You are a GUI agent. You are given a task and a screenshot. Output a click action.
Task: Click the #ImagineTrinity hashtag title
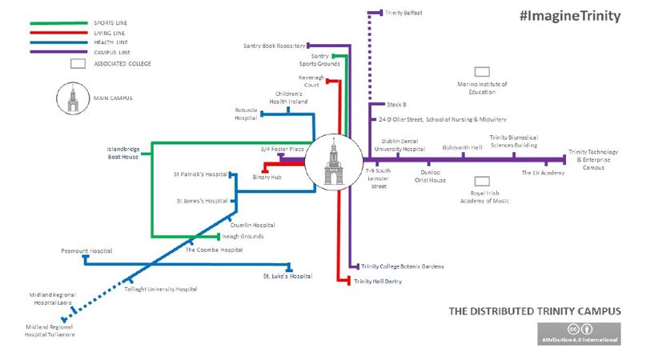(x=569, y=16)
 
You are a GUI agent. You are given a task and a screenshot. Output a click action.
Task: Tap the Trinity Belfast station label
(x=403, y=13)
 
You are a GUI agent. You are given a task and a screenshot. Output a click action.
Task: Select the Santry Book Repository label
(x=274, y=46)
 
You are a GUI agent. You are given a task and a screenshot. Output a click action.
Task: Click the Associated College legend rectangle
(x=78, y=62)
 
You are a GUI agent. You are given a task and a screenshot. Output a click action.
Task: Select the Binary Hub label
(x=267, y=176)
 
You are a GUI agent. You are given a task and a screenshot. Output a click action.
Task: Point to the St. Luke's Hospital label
(x=287, y=276)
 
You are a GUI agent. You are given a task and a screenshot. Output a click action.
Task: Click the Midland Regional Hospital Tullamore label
(x=51, y=330)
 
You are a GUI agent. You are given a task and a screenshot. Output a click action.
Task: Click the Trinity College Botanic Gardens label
(x=402, y=266)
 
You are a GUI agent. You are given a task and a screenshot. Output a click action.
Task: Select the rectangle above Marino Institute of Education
(x=482, y=72)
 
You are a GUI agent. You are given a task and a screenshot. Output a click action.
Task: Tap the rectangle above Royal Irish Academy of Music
(x=482, y=182)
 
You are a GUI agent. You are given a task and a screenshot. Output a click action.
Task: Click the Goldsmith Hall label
(x=463, y=148)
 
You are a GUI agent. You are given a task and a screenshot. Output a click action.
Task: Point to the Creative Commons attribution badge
(x=579, y=334)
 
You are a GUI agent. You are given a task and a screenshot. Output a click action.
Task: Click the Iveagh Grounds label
(x=243, y=236)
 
